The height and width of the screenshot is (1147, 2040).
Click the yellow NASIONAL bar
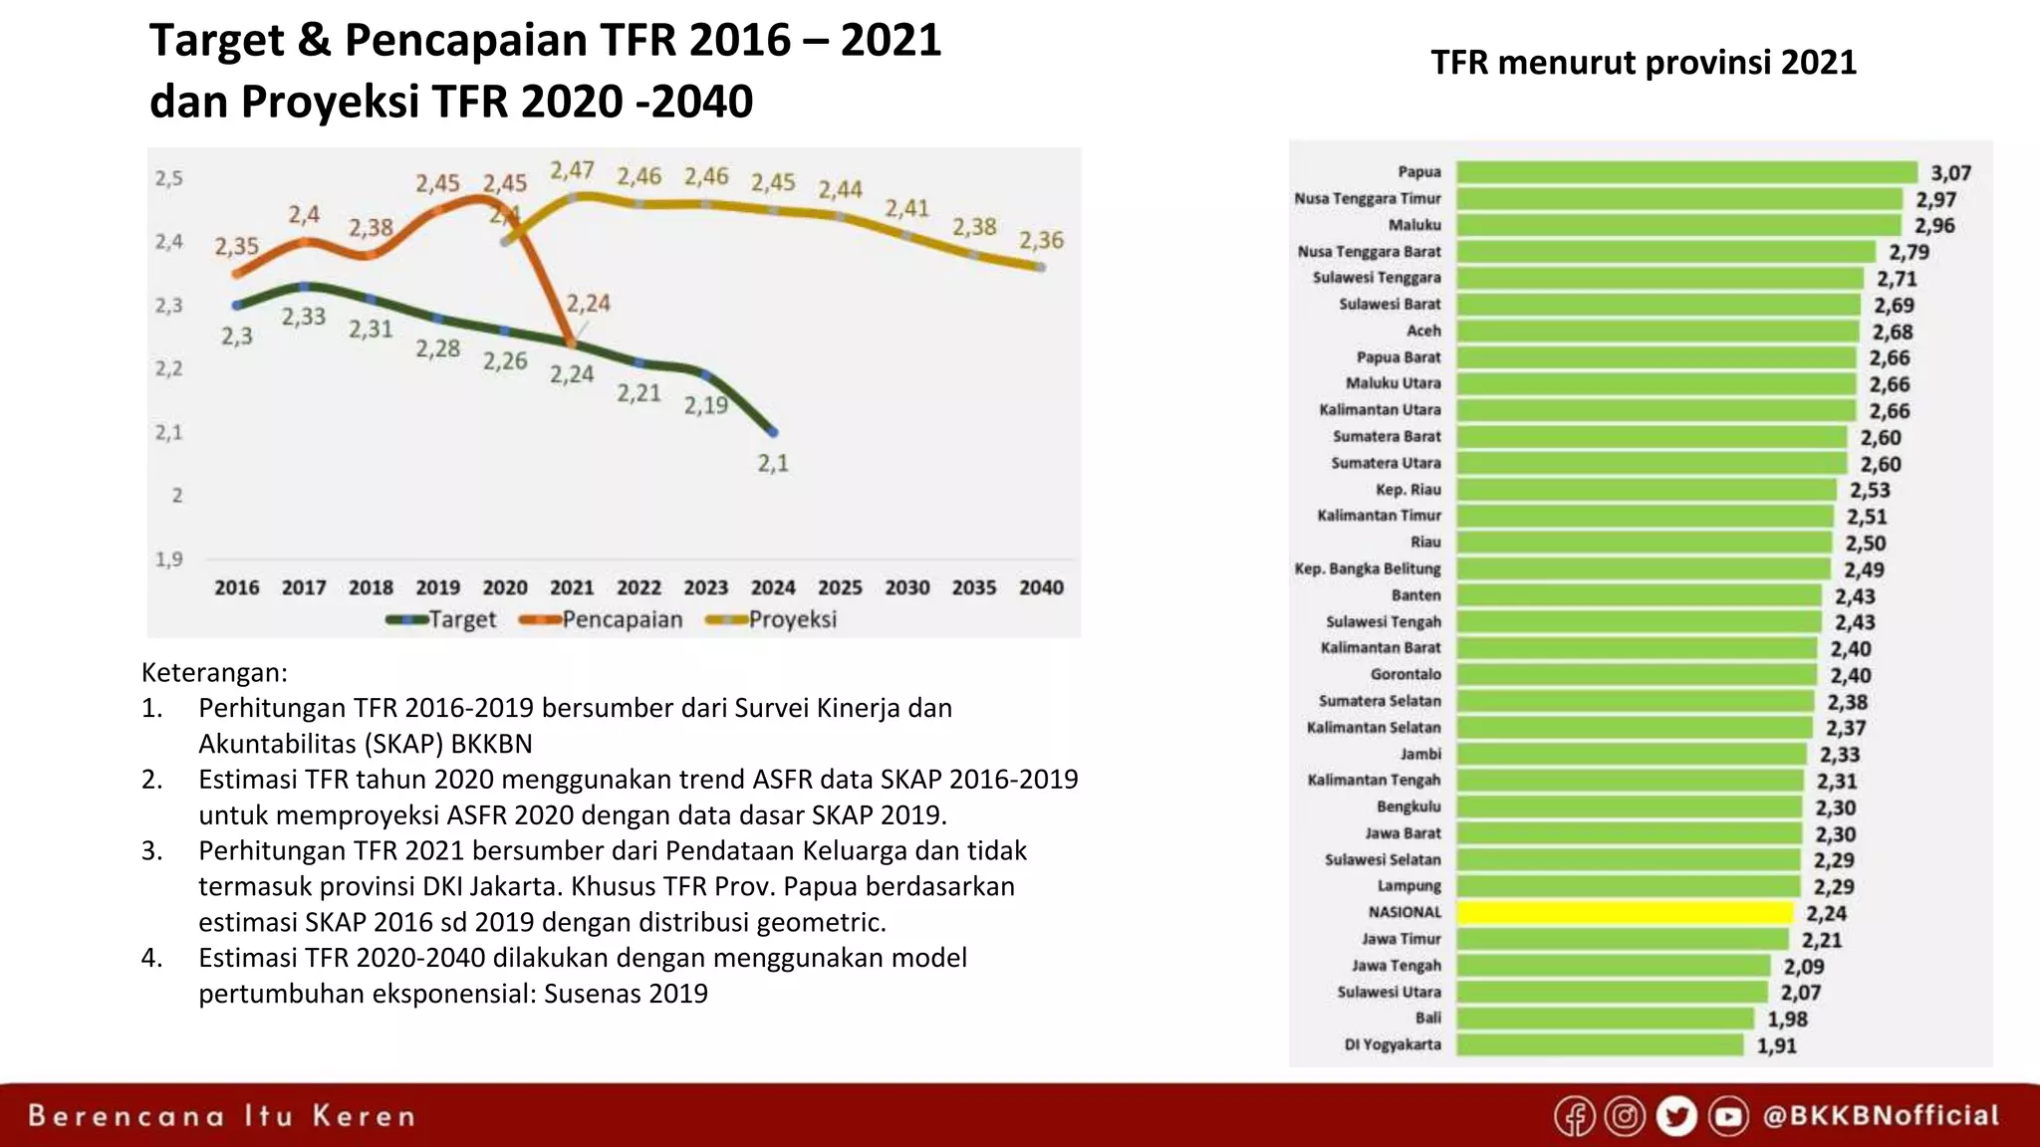coord(1625,912)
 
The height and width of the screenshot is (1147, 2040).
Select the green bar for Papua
coord(1685,172)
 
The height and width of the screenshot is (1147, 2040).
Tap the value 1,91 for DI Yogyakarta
coord(1776,1045)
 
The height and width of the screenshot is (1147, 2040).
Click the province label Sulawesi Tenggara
coord(1377,278)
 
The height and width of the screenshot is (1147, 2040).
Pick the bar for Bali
coord(1604,1019)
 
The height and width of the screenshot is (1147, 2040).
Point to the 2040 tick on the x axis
coord(1041,587)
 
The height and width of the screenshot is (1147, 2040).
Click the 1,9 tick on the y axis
coord(169,560)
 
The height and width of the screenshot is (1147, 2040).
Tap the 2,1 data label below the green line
coord(773,463)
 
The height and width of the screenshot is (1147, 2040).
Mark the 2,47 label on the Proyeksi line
coord(572,170)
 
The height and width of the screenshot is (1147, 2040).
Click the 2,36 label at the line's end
coord(1041,240)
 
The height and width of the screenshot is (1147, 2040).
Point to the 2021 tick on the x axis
coord(572,587)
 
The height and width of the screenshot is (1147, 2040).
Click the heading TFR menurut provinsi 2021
coord(1644,63)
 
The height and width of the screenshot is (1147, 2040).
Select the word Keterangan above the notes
coord(214,673)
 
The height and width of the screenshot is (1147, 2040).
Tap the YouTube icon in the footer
coord(1728,1116)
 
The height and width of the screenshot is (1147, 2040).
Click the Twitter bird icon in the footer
coord(1676,1116)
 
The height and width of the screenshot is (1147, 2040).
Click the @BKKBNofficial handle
coord(1881,1115)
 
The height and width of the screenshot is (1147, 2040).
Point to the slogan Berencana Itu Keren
coord(221,1115)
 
